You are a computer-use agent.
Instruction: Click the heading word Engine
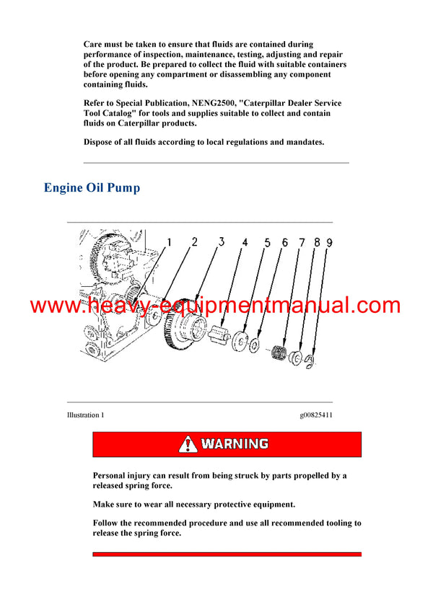[x=64, y=188]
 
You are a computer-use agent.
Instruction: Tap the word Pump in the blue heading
[x=124, y=188]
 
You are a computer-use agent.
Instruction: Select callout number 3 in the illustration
[x=222, y=242]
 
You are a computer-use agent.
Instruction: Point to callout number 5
[x=267, y=244]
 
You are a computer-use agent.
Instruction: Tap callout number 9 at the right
[x=329, y=244]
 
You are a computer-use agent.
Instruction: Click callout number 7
[x=302, y=244]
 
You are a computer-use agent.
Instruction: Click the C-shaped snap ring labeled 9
[x=310, y=361]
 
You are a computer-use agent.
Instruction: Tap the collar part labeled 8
[x=294, y=358]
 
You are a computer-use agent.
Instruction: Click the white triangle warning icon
[x=188, y=444]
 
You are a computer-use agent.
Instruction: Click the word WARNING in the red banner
[x=235, y=444]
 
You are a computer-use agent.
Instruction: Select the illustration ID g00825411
[x=316, y=415]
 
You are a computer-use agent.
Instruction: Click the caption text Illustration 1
[x=85, y=415]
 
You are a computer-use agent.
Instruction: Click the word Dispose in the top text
[x=100, y=142]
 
